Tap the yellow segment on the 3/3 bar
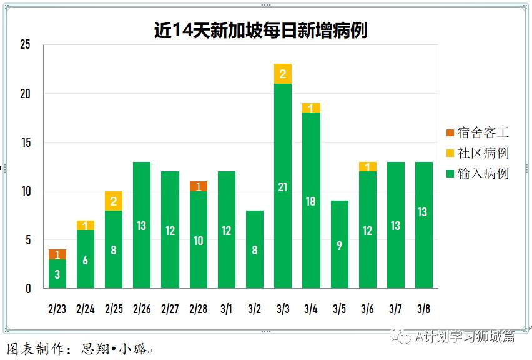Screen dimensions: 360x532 pos(282,74)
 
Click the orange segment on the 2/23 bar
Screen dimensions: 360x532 pos(57,254)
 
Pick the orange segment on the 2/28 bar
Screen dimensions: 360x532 pos(198,186)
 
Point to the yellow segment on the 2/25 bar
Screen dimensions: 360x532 pos(114,201)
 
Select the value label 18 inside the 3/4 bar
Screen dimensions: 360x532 pos(311,202)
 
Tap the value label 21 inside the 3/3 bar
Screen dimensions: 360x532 pos(282,187)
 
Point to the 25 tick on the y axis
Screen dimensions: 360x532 pos(25,45)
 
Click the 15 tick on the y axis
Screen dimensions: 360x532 pos(25,142)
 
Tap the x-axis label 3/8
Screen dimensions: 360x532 pos(423,309)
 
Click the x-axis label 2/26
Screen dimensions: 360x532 pos(142,309)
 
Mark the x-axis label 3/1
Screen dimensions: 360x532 pos(226,309)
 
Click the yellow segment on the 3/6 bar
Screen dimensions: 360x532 pos(367,167)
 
